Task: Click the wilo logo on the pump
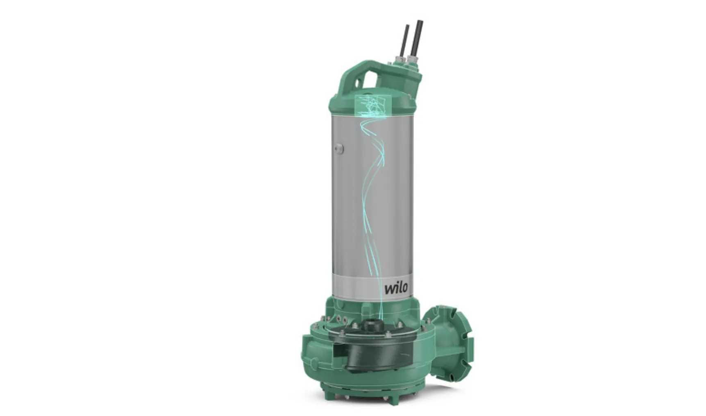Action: coord(396,287)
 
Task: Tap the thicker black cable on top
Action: coord(418,41)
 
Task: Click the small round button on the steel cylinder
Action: coord(338,148)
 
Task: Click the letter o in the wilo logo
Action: coord(404,288)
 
